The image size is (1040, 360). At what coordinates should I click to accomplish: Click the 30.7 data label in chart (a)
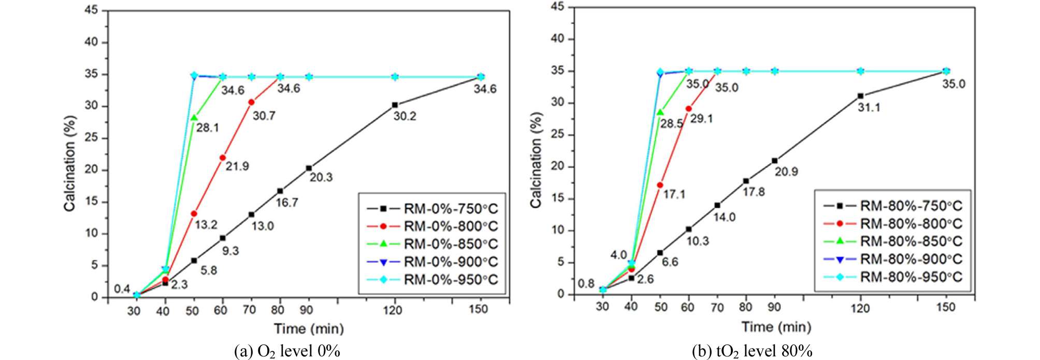click(264, 116)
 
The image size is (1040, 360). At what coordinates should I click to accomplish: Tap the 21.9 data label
click(237, 167)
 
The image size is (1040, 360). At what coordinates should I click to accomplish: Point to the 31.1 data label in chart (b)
click(869, 108)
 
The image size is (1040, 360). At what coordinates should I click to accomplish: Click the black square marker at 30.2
click(395, 105)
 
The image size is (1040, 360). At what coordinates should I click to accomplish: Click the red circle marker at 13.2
click(194, 213)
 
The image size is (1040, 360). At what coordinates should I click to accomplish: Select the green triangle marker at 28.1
click(194, 118)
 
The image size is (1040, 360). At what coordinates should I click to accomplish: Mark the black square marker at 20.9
click(774, 161)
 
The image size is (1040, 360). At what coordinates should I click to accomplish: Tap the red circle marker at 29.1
click(688, 109)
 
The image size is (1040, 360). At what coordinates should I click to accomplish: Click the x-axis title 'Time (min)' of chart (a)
click(309, 329)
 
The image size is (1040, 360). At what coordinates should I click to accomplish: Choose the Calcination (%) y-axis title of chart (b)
click(536, 161)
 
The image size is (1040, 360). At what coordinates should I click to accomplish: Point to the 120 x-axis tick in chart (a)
click(393, 310)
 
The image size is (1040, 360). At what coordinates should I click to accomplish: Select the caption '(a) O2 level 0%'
click(287, 351)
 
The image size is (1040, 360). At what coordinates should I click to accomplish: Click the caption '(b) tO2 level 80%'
click(752, 351)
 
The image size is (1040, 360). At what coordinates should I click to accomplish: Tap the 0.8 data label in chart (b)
click(586, 284)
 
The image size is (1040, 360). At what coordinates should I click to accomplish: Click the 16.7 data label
click(286, 203)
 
